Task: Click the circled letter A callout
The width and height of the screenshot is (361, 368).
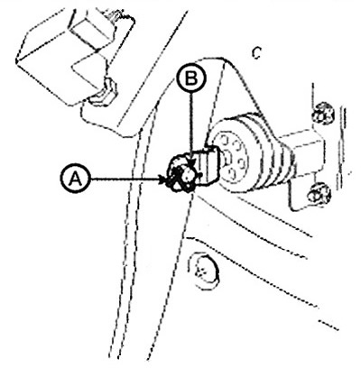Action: pyautogui.click(x=75, y=179)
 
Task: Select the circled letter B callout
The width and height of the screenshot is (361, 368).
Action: pyautogui.click(x=191, y=78)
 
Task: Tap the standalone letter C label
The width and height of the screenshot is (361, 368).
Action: pyautogui.click(x=256, y=53)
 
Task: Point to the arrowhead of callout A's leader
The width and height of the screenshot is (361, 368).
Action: pyautogui.click(x=163, y=179)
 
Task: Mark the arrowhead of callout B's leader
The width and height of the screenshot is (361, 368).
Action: pyautogui.click(x=191, y=163)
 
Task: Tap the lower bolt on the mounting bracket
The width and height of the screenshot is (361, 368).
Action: pyautogui.click(x=320, y=193)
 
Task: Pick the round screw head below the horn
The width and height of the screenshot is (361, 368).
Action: pyautogui.click(x=203, y=270)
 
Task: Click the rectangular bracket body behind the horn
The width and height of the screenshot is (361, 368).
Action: pyautogui.click(x=304, y=151)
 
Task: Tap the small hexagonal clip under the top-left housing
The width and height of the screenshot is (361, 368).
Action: pyautogui.click(x=105, y=92)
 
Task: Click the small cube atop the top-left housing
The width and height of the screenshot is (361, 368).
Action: pyautogui.click(x=90, y=25)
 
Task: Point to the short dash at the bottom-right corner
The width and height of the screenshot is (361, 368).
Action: pyautogui.click(x=329, y=326)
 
